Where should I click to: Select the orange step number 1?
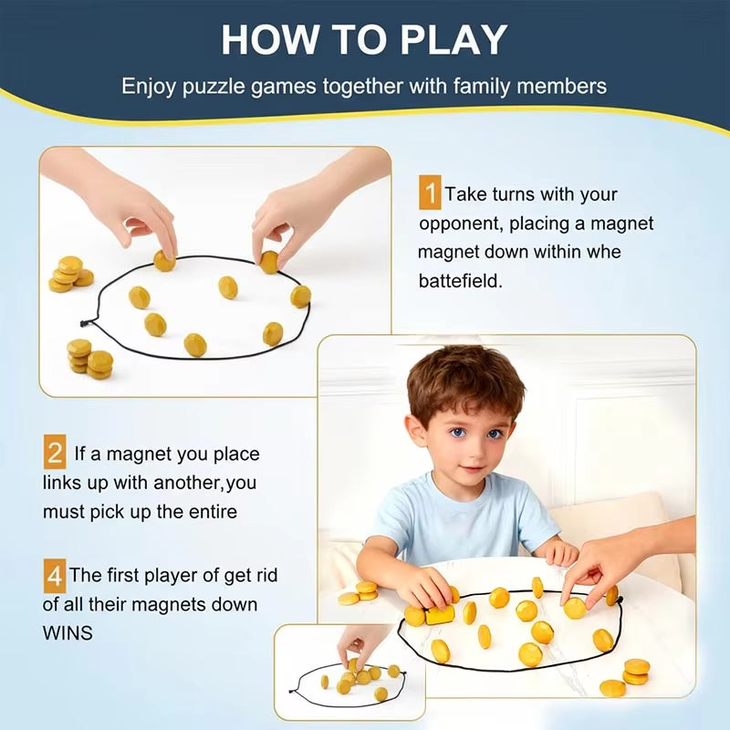click(x=429, y=194)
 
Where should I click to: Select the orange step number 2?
click(x=55, y=453)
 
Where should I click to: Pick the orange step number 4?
click(x=55, y=576)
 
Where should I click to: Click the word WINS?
click(x=68, y=631)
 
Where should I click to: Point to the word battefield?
click(x=461, y=282)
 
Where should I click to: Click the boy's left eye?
click(x=495, y=433)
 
